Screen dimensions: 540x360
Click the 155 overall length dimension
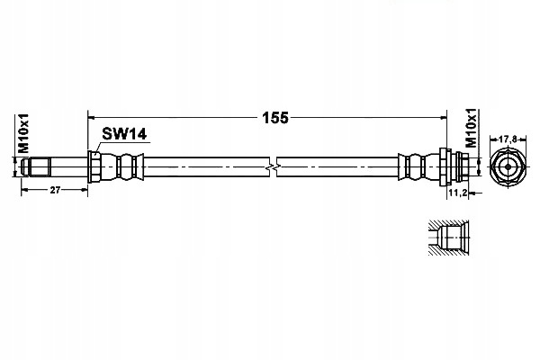[x=274, y=118]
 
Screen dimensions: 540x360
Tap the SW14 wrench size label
[x=124, y=134]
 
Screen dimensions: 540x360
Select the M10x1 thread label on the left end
[x=23, y=133]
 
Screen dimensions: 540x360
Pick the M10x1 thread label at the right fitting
[x=471, y=128]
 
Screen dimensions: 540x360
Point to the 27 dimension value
[x=55, y=190]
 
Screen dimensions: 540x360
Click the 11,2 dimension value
[x=457, y=193]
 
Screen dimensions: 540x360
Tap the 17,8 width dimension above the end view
[x=508, y=139]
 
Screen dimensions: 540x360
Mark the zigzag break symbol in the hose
[x=273, y=167]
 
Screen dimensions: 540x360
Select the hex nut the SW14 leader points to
[x=94, y=166]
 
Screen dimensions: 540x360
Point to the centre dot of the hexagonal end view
[x=508, y=167]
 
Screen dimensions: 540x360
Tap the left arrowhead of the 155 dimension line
[x=92, y=118]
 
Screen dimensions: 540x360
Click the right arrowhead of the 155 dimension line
[x=443, y=118]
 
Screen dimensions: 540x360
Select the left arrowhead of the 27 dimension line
[x=25, y=190]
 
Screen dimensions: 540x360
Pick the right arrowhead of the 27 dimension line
[x=84, y=190]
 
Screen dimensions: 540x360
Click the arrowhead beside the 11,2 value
[x=473, y=193]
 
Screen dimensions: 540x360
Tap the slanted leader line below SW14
[x=98, y=148]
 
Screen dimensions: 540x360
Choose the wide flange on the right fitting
[x=445, y=166]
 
